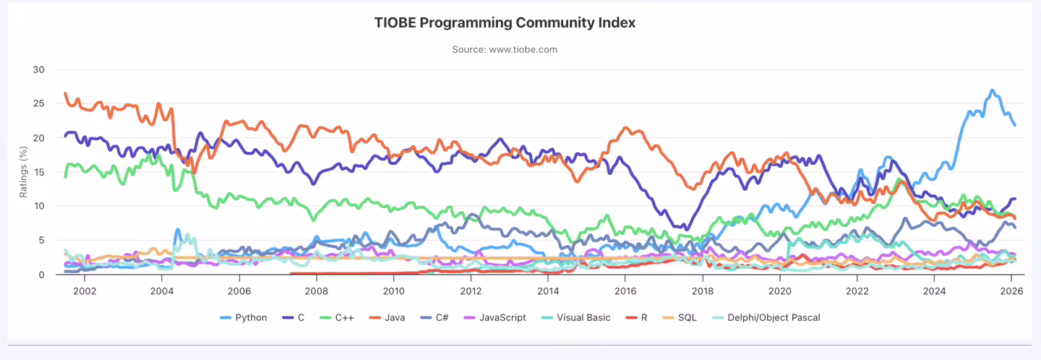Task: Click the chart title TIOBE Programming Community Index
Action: coord(505,22)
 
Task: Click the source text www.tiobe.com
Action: coord(505,50)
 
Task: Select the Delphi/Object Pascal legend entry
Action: coord(773,317)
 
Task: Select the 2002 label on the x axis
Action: coord(84,291)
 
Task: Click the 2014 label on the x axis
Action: coord(548,291)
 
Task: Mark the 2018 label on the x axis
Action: coord(703,291)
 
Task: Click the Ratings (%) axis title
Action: coord(22,172)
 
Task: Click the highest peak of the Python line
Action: coord(992,90)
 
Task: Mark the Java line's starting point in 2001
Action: coord(65,93)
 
